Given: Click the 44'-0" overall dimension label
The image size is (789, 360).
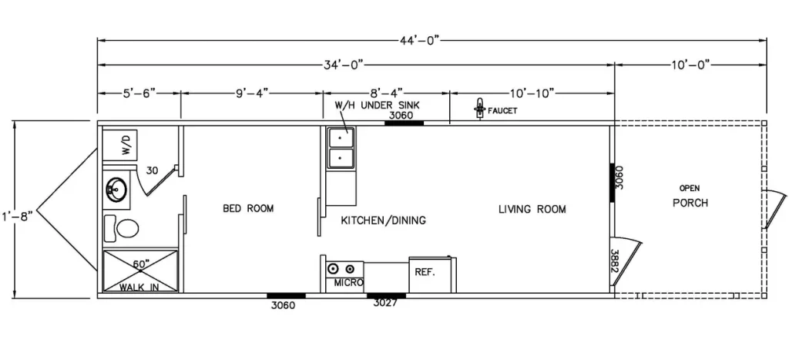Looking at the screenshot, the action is [418, 40].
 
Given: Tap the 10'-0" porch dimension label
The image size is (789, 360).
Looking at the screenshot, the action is [690, 65].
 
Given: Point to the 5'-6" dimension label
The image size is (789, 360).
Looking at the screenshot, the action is [139, 93].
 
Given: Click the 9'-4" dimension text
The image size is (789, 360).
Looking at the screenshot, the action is [252, 93].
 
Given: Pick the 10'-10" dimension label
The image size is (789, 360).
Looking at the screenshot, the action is [532, 93].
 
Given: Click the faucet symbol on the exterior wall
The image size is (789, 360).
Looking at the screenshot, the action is [480, 108].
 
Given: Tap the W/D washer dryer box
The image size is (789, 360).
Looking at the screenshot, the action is [120, 145].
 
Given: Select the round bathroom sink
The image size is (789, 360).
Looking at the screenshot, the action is [117, 190].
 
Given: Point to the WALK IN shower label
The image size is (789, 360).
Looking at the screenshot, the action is [139, 288].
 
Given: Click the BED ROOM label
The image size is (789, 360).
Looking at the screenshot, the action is [249, 208].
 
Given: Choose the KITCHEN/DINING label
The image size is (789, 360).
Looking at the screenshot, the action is [384, 220].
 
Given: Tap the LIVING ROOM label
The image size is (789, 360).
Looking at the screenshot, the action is [532, 208].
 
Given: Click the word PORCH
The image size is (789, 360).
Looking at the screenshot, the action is [690, 203].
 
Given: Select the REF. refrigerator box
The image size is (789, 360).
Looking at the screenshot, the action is [433, 275].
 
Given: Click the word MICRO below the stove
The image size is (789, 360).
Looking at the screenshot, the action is [349, 283].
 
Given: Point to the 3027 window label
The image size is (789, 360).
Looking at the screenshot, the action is [386, 303].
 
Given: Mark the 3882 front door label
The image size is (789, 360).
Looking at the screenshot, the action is [614, 261].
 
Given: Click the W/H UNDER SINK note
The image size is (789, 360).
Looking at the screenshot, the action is [378, 106].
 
